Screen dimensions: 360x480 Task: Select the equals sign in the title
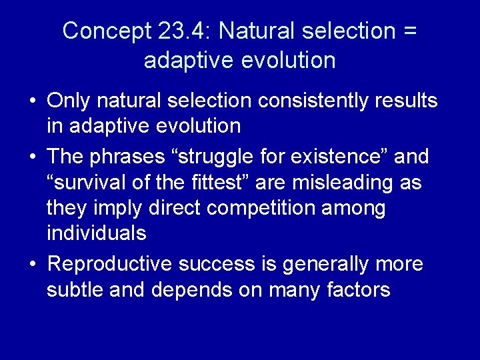tap(408, 31)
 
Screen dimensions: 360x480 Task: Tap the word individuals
tap(96, 233)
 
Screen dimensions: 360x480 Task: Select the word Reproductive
tap(111, 264)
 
